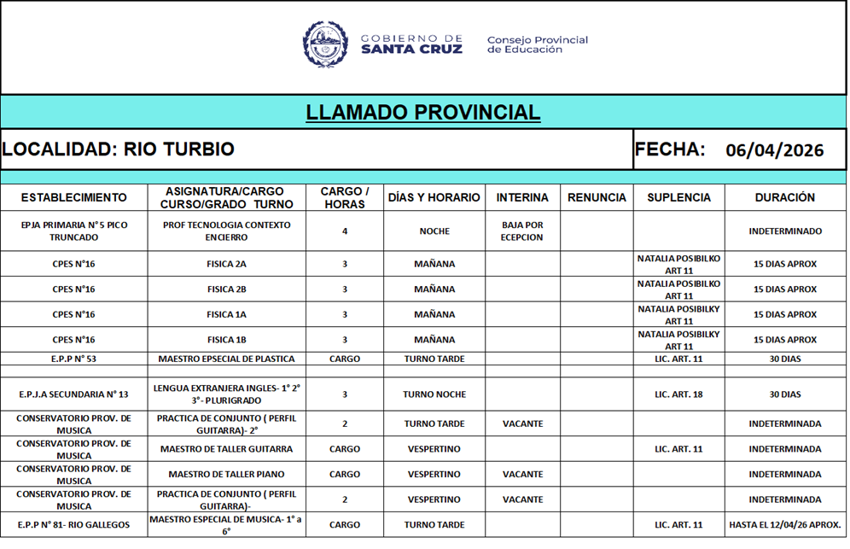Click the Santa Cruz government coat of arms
tap(324, 44)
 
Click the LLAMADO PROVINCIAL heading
tap(422, 113)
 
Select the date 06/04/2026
tap(774, 151)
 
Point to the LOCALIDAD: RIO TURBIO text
tap(118, 149)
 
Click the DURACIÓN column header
tap(784, 197)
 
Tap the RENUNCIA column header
tap(597, 197)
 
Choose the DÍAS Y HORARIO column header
tap(434, 197)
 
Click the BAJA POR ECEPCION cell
tap(521, 231)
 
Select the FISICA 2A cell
tap(226, 265)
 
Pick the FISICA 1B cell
tap(226, 340)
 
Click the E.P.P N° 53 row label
tap(74, 359)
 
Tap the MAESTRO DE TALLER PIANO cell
tap(226, 475)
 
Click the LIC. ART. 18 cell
tap(678, 395)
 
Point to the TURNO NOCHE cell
tap(434, 395)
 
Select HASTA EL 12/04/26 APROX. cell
tap(784, 525)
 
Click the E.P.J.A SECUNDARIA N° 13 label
tap(74, 395)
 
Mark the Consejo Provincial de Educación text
tap(537, 44)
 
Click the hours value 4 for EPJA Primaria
tap(345, 231)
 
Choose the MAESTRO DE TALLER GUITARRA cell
tap(226, 449)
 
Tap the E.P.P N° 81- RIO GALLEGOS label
tap(74, 525)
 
